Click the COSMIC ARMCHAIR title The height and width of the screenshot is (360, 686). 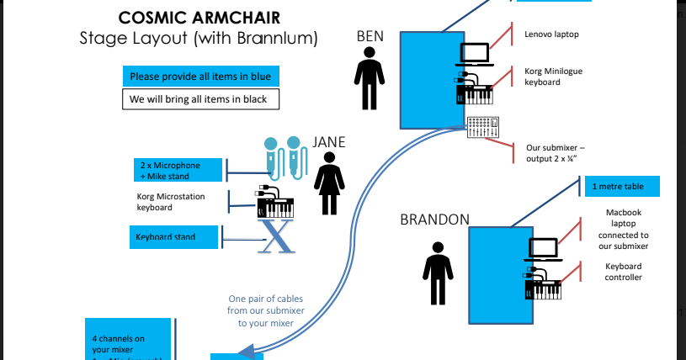[x=199, y=18]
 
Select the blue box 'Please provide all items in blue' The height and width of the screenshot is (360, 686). [x=200, y=77]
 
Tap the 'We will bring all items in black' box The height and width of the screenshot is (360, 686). [x=200, y=99]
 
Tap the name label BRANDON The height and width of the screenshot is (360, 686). [x=434, y=220]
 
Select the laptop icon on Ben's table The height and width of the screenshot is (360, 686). [x=475, y=55]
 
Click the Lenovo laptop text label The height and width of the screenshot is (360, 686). [x=551, y=34]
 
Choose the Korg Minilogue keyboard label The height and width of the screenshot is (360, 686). [x=553, y=77]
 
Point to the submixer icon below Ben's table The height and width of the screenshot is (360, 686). [x=483, y=128]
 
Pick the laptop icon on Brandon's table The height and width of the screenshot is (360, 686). [x=544, y=250]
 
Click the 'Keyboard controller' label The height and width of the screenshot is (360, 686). [x=623, y=272]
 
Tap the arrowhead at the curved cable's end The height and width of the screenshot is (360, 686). [x=247, y=351]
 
